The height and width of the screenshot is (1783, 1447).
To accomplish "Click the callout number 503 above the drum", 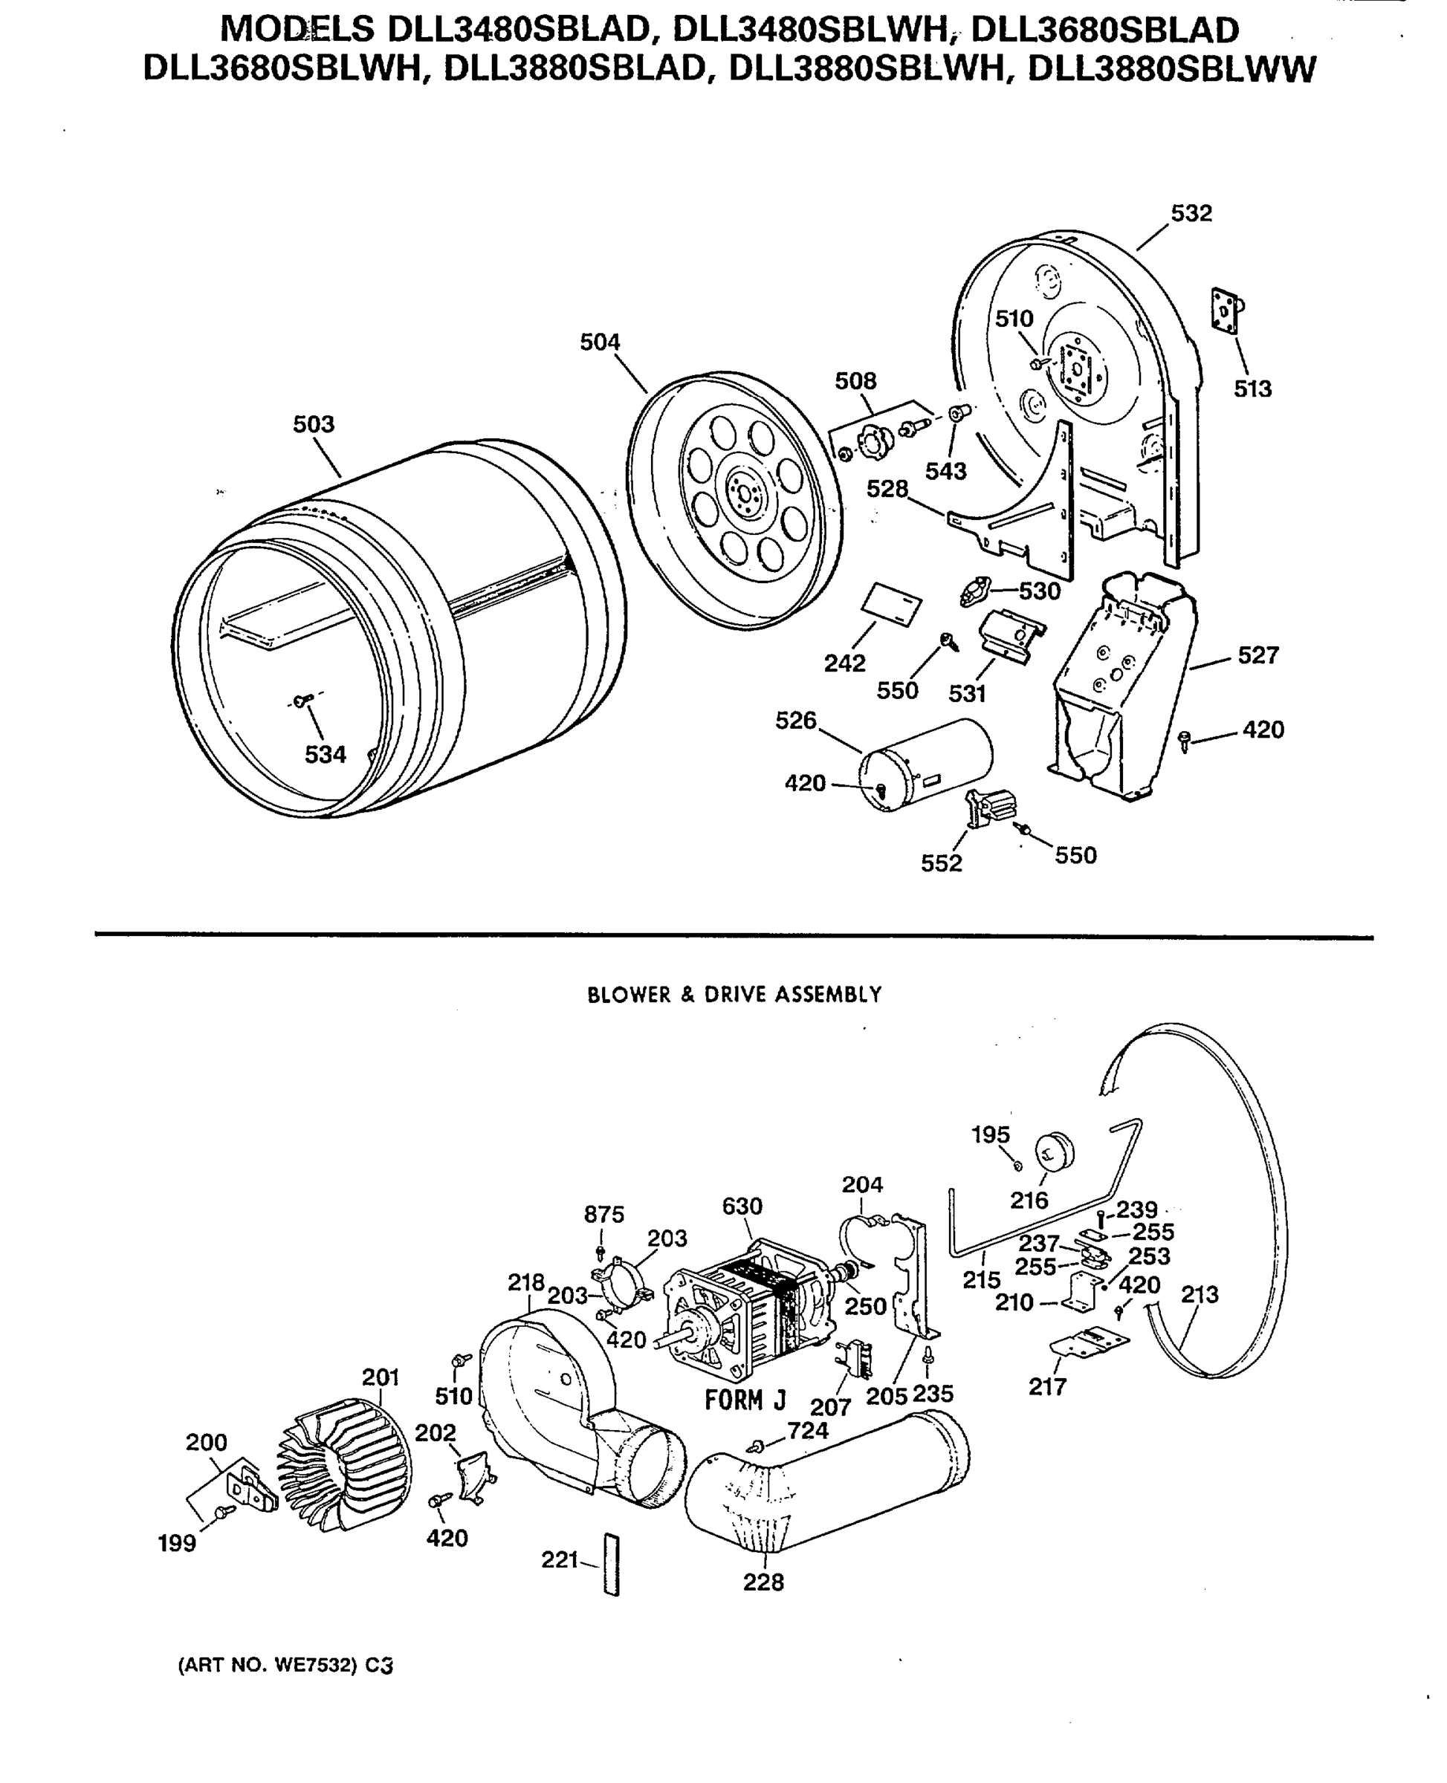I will coord(314,424).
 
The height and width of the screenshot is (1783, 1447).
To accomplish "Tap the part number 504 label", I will coord(601,342).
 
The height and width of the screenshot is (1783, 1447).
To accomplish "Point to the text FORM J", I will coord(745,1400).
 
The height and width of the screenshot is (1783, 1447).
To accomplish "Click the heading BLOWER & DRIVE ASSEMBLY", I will coord(734,995).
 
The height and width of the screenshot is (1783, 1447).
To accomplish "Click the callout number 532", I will coord(1191,213).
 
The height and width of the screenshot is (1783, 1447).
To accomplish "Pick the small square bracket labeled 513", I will coord(1226,310).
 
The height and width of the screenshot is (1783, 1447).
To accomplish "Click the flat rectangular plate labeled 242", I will coord(892,604).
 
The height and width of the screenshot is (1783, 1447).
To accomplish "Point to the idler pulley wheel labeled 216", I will coord(1055,1152).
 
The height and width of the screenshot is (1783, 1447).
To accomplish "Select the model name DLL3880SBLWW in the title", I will coord(1171,68).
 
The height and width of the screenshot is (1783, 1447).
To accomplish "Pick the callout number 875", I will coord(603,1215).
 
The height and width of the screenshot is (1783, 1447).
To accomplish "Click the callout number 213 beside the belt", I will coord(1200,1294).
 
